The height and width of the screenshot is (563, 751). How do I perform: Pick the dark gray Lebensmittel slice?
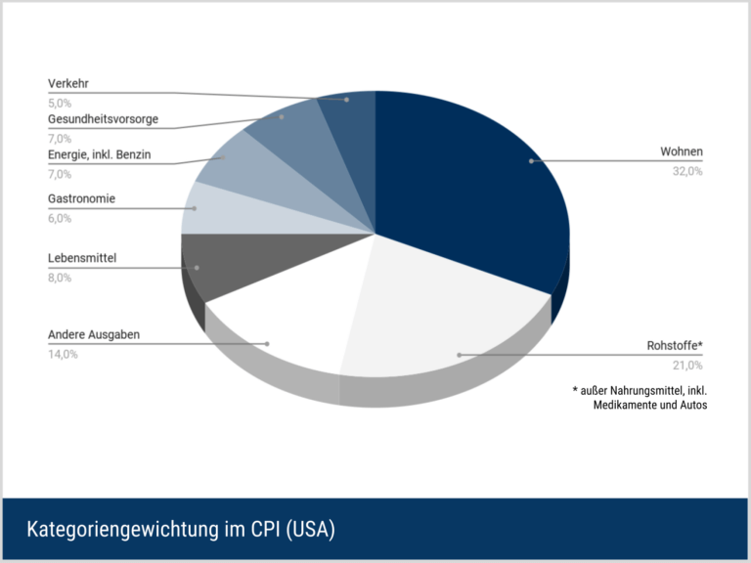(x=225, y=264)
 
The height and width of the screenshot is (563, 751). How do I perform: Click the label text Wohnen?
(x=681, y=152)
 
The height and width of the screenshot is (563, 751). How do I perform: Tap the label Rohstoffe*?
(x=675, y=346)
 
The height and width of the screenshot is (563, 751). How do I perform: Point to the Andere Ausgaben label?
(x=94, y=334)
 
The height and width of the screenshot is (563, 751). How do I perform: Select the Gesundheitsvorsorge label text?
(x=103, y=119)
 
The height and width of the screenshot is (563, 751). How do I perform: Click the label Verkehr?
(x=68, y=83)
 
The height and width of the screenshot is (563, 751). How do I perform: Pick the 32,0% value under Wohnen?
(x=686, y=171)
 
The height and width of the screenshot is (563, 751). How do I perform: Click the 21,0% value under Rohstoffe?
(x=686, y=366)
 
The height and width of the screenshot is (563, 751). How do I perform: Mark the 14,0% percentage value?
(x=63, y=354)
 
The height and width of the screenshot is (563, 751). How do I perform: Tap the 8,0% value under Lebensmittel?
(x=60, y=278)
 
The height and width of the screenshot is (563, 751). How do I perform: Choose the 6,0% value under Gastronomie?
(x=60, y=218)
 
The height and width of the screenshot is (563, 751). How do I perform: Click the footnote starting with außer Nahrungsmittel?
(x=641, y=398)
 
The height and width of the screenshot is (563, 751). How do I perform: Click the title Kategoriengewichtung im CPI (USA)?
(x=181, y=530)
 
